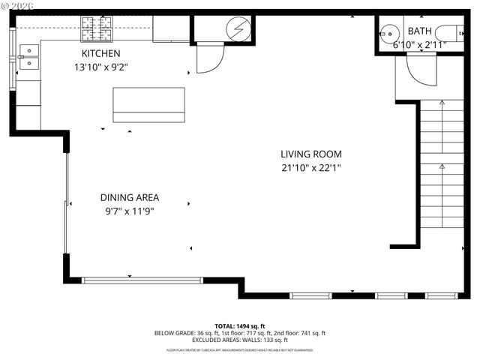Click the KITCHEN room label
[100, 54]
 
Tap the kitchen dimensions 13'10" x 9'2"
[100, 66]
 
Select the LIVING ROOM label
[310, 154]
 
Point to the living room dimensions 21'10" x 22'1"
[310, 167]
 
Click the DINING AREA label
[130, 198]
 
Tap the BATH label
[418, 31]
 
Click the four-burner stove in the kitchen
[96, 30]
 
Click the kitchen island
[148, 104]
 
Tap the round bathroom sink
[387, 32]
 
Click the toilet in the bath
[453, 33]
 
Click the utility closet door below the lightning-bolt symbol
[210, 58]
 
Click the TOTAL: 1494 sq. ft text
[240, 325]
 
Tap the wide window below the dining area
[142, 280]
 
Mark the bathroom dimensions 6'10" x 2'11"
[420, 45]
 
